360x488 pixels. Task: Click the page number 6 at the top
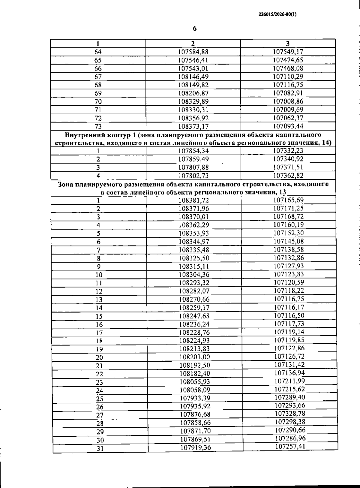(x=195, y=29)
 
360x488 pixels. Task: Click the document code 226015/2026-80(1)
(x=277, y=14)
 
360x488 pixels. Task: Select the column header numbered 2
(x=193, y=43)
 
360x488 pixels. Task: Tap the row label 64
(x=98, y=52)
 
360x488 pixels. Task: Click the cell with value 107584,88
(x=193, y=52)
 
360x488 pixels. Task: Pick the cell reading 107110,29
(x=288, y=77)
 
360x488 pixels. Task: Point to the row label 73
(x=98, y=126)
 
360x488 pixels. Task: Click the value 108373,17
(x=193, y=126)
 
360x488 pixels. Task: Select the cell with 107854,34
(x=193, y=151)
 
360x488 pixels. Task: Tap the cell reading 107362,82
(x=288, y=175)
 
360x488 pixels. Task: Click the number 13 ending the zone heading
(x=282, y=192)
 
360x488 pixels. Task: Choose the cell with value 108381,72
(x=194, y=200)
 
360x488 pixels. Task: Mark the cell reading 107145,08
(x=289, y=241)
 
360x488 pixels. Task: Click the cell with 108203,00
(x=194, y=357)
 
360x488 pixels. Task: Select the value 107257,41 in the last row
(x=290, y=447)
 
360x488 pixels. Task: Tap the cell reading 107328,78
(x=290, y=414)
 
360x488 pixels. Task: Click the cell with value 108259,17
(x=194, y=308)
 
